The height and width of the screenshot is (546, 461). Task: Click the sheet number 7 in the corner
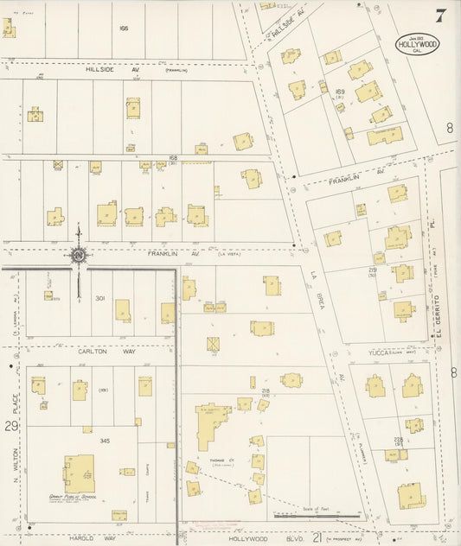(x=441, y=16)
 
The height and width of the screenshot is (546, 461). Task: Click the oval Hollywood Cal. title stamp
(x=416, y=45)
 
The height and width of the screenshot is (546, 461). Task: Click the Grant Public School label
(x=80, y=499)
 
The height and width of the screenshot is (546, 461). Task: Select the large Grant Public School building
(x=79, y=473)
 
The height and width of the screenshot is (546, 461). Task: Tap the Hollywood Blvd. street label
(x=259, y=536)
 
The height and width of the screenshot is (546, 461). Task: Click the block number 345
(x=105, y=441)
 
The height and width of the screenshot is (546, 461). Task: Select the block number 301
(x=99, y=299)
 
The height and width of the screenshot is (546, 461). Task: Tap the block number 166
(x=124, y=29)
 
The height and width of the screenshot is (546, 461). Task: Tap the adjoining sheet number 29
(x=10, y=427)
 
